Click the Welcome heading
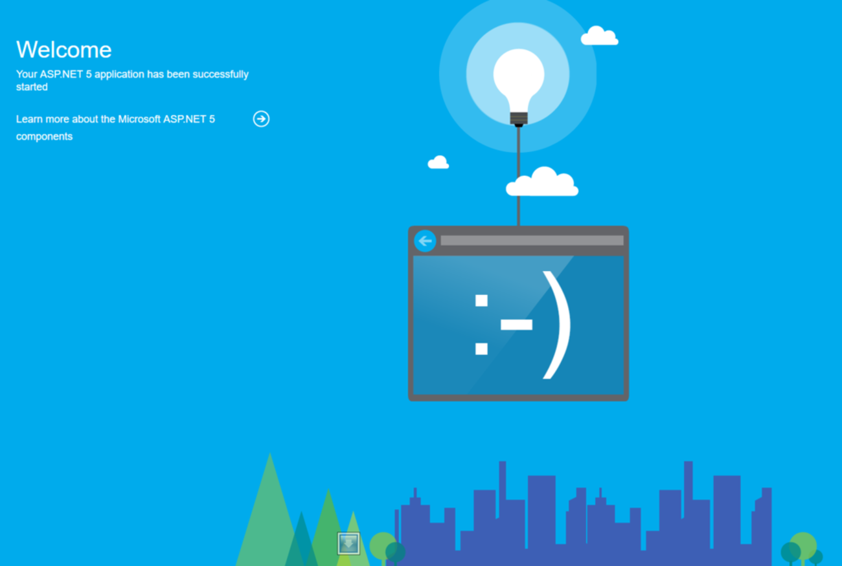[x=64, y=50]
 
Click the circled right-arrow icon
[x=261, y=119]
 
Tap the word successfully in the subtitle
[x=221, y=74]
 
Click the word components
[x=44, y=136]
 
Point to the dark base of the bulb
[x=519, y=120]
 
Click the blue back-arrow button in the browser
[x=425, y=241]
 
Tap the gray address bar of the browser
[x=532, y=241]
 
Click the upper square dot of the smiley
[x=481, y=301]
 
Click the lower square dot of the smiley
[x=481, y=349]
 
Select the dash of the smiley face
[x=516, y=325]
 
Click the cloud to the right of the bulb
[x=600, y=36]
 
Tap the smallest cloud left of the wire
[x=438, y=162]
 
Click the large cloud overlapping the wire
[x=542, y=182]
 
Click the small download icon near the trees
[x=348, y=543]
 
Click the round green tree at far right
[x=803, y=547]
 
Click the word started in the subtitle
[x=32, y=87]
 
